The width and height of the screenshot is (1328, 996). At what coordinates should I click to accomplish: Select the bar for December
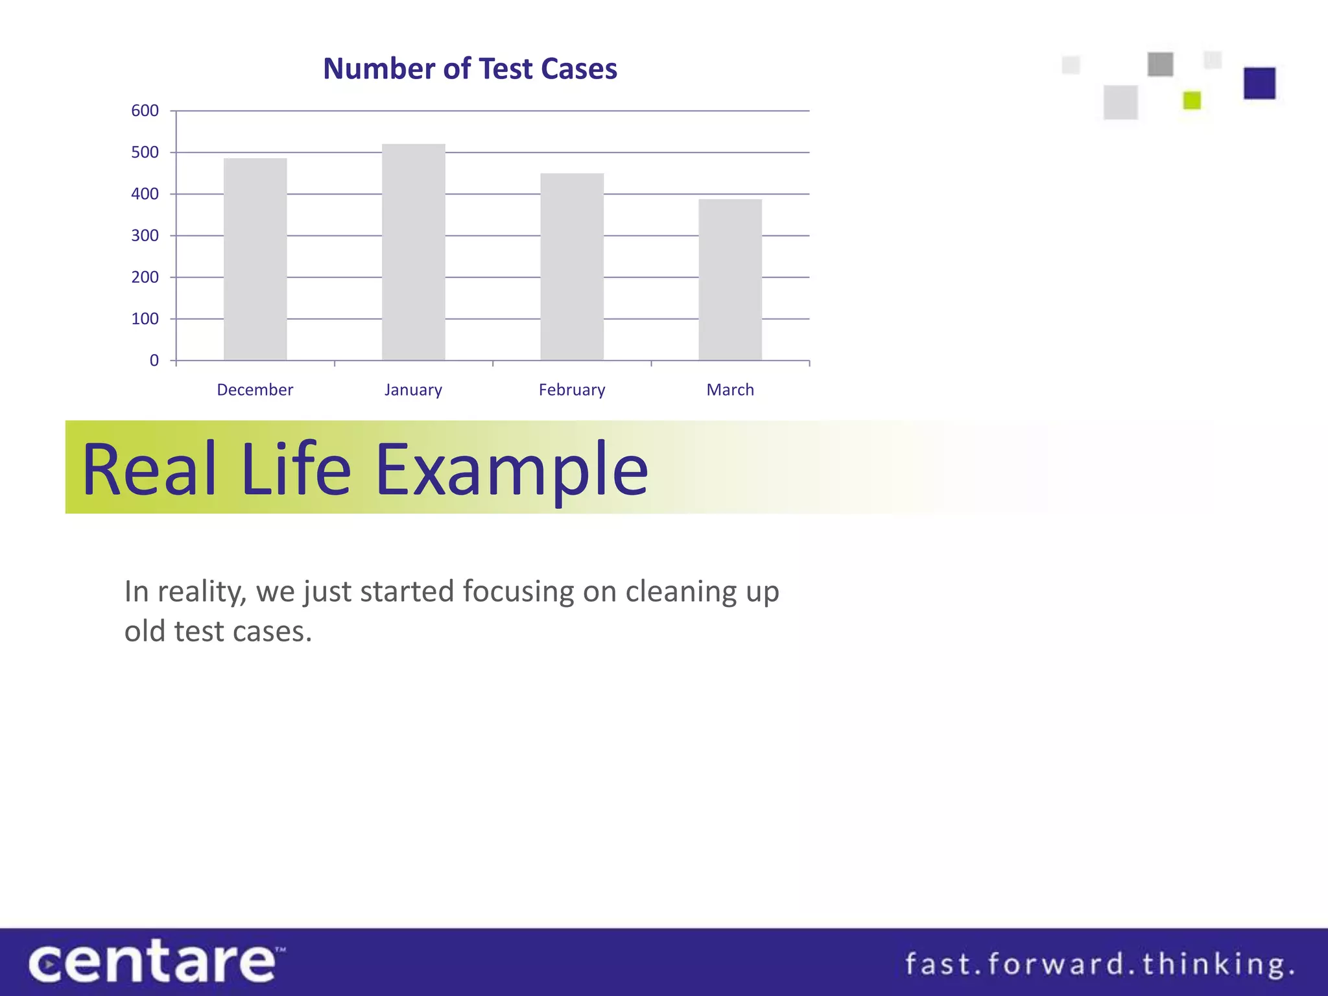pos(255,259)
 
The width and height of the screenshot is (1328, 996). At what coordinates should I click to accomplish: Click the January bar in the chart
pos(413,253)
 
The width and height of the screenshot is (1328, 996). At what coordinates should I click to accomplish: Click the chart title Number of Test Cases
pos(469,69)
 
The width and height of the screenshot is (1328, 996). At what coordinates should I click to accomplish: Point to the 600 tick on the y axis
pos(145,111)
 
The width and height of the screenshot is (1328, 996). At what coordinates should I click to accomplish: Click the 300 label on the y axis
pos(145,236)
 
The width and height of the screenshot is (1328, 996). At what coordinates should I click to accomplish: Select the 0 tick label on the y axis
pos(154,361)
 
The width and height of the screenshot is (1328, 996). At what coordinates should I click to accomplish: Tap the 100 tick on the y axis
pos(145,319)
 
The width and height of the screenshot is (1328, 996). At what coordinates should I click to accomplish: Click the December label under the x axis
pos(255,390)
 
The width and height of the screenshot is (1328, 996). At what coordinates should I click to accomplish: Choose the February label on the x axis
pos(571,390)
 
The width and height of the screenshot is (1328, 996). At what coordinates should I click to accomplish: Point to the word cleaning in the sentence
pos(680,592)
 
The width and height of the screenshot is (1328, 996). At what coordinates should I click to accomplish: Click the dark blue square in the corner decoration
pos(1259,84)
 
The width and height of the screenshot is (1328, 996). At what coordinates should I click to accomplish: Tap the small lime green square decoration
pos(1192,101)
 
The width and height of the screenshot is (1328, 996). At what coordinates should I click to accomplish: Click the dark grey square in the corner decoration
pos(1160,64)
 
